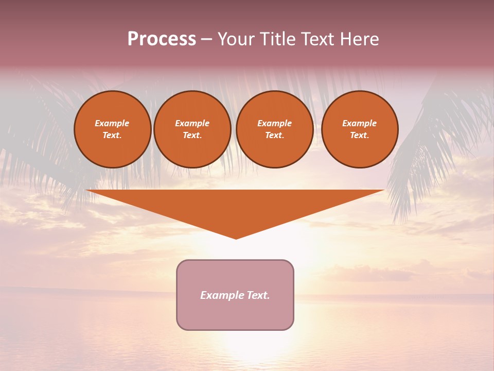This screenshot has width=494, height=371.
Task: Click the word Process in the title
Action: [x=162, y=39]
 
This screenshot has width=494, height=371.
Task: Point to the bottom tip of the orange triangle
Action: [x=236, y=238]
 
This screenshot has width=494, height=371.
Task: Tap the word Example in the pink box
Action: [x=222, y=295]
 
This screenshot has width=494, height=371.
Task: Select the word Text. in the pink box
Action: [x=258, y=295]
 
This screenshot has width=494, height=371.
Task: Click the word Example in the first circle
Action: [x=112, y=123]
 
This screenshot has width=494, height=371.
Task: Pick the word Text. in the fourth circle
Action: [x=360, y=135]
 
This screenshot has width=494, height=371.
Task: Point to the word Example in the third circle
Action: [x=274, y=123]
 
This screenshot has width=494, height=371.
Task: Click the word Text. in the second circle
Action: [x=192, y=135]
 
